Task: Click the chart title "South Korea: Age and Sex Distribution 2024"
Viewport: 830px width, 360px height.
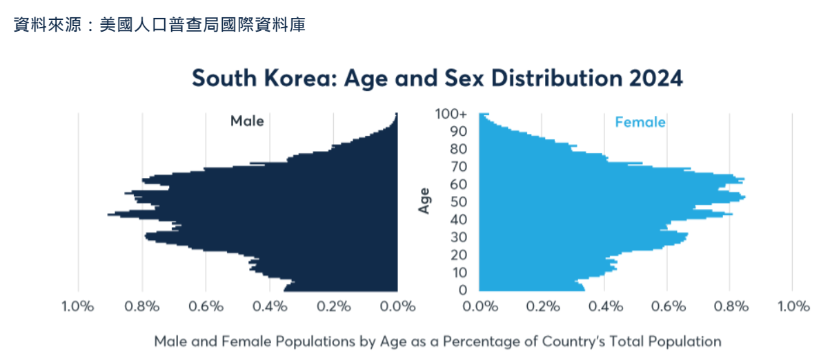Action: coord(437,79)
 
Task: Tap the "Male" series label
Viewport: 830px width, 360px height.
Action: coord(247,121)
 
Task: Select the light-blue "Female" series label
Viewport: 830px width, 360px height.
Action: coord(640,122)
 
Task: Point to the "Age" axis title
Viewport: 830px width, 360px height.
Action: coord(425,201)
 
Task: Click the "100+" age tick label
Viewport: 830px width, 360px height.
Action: coord(451,114)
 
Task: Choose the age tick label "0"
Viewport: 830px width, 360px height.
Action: coord(463,290)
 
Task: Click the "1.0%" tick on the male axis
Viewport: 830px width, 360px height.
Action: coord(78,307)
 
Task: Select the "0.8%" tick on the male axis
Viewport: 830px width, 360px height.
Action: coord(142,307)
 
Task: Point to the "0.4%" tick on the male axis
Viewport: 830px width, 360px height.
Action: coord(270,307)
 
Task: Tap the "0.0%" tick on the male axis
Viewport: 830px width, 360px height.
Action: coord(398,307)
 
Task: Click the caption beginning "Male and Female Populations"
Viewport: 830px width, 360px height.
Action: coord(437,341)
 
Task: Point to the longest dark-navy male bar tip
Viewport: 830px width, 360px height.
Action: coord(109,214)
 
